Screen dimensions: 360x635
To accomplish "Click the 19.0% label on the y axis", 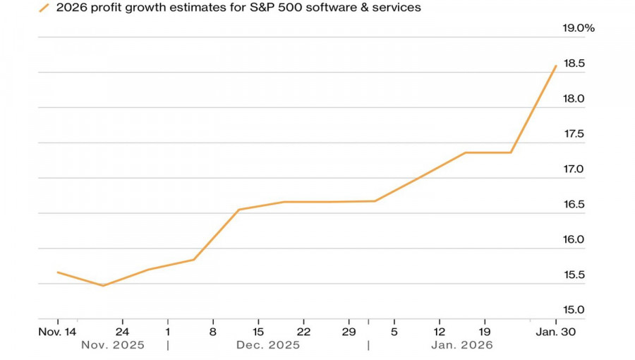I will [579, 28].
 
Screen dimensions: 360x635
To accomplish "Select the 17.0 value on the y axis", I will [573, 169].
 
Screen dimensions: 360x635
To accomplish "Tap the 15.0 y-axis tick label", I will [573, 310].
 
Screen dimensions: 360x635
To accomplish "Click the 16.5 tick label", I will [573, 205].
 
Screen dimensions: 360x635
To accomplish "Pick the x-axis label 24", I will [123, 331].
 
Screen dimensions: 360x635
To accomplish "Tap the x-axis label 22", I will [303, 331].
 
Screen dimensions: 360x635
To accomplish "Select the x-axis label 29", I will [349, 331].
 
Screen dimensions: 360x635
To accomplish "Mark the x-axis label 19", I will [485, 331].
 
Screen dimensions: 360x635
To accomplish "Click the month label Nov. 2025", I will [113, 345].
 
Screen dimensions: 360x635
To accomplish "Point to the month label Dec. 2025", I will [268, 345].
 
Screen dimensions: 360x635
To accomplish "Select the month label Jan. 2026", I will [461, 345].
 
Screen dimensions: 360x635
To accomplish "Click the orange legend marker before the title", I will [44, 8].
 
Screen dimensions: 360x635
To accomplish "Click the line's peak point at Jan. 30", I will [556, 66].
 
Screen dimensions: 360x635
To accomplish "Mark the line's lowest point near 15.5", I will [103, 286].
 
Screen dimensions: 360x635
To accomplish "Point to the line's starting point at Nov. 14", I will [58, 272].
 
